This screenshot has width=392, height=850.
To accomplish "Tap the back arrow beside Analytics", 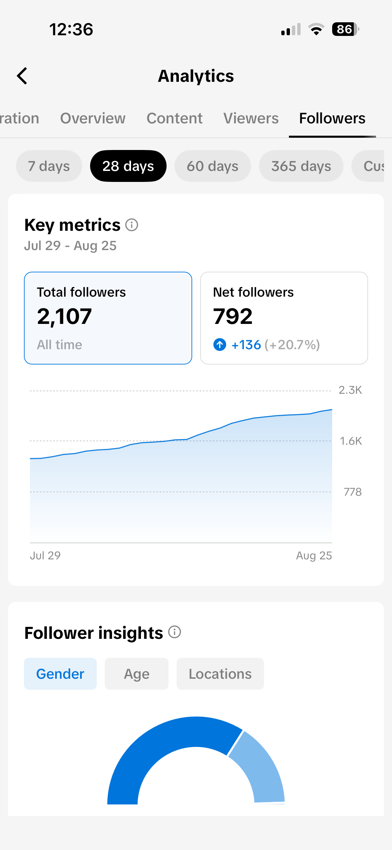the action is pos(22,76).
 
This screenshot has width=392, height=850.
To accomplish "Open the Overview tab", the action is pos(93,118).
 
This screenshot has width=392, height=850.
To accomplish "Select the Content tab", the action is pos(175,118).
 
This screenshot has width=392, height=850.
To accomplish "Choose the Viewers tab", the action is pos(251,118).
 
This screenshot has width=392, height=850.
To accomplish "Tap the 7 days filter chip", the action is pos(49,166).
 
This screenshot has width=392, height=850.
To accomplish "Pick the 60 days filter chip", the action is pos(212,166).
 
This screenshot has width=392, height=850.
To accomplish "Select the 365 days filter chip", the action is pos(301,166).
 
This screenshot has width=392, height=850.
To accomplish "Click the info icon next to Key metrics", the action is pos(132,225).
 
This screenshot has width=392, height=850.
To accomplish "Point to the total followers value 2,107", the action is pos(65,316).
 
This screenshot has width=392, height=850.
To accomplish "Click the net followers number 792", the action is pos(233,316).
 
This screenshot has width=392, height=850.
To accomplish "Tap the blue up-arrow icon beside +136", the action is pos(220,345).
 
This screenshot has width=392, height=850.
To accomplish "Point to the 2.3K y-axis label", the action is pos(350,390).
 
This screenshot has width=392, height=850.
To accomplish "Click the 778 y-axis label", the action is pos(352,492).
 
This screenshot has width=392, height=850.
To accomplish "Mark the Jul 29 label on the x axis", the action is pos(45,555).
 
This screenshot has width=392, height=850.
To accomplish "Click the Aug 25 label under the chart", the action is pos(314,556).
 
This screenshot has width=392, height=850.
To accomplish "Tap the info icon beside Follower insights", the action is pos(175,632).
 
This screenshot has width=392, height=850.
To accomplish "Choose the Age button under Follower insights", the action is pos(137,674).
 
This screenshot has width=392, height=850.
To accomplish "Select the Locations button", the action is pos(220,674).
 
